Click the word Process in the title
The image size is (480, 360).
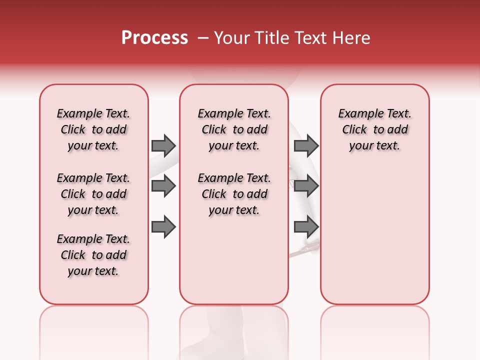[x=154, y=38]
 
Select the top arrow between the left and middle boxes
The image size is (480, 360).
[x=163, y=145]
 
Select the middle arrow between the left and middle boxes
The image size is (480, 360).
[x=163, y=186]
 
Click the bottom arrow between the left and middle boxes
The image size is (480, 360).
[x=163, y=227]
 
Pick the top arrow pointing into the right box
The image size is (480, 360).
[x=306, y=145]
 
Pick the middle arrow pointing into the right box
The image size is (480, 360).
[x=306, y=186]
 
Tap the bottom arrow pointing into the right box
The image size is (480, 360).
[x=306, y=227]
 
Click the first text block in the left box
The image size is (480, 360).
[x=93, y=129]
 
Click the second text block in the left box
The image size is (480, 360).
[x=93, y=194]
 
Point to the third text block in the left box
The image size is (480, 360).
[x=93, y=255]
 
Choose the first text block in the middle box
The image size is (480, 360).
[x=234, y=129]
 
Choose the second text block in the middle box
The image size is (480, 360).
[x=234, y=194]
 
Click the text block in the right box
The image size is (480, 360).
[x=374, y=129]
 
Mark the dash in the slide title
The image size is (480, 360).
[x=203, y=38]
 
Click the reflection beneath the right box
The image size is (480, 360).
[x=374, y=330]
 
